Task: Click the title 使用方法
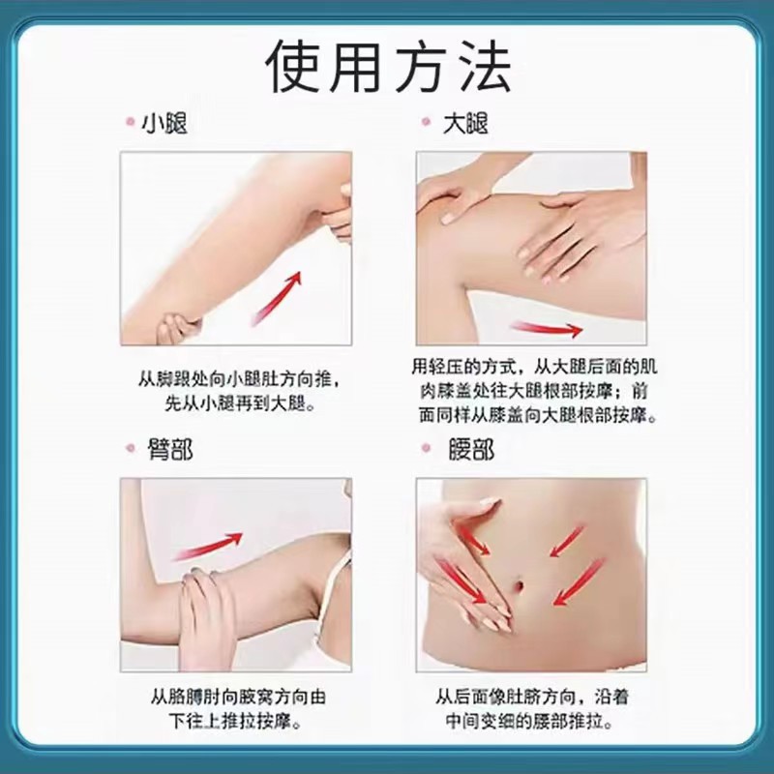click(389, 67)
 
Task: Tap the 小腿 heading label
click(164, 123)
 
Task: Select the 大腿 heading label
click(464, 123)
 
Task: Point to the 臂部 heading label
click(170, 449)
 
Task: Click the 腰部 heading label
click(471, 449)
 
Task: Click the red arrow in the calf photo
click(277, 298)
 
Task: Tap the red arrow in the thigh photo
click(546, 329)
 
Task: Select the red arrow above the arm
click(208, 546)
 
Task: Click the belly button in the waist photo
click(520, 586)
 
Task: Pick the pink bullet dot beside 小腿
click(131, 122)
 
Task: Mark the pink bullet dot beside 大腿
click(427, 122)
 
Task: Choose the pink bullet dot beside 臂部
click(131, 448)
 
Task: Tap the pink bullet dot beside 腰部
click(427, 448)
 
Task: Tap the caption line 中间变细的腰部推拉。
click(529, 721)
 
